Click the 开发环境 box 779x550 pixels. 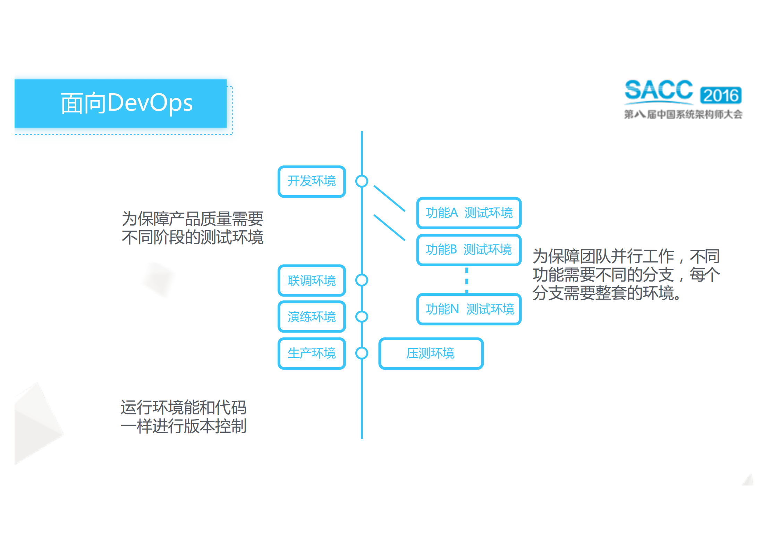(x=312, y=181)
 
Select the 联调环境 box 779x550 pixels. (x=312, y=281)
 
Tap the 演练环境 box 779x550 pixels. (x=312, y=317)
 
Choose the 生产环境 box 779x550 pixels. (x=312, y=353)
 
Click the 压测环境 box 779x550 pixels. (x=431, y=353)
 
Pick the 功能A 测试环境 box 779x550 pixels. (x=469, y=213)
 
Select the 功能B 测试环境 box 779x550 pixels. (x=469, y=250)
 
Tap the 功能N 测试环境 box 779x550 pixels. (x=469, y=309)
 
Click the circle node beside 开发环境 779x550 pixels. (x=362, y=181)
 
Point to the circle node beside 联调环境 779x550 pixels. (x=362, y=280)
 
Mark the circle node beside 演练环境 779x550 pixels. (x=362, y=317)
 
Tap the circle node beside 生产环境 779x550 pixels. (x=362, y=353)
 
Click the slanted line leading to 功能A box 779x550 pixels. (x=389, y=198)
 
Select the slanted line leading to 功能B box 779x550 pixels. (x=389, y=227)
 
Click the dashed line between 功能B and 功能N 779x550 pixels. (x=467, y=280)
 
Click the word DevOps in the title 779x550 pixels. (x=150, y=103)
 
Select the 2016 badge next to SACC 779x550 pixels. (x=721, y=95)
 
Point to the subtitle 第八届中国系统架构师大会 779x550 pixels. (x=683, y=114)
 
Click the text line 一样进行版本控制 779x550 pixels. (x=184, y=426)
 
